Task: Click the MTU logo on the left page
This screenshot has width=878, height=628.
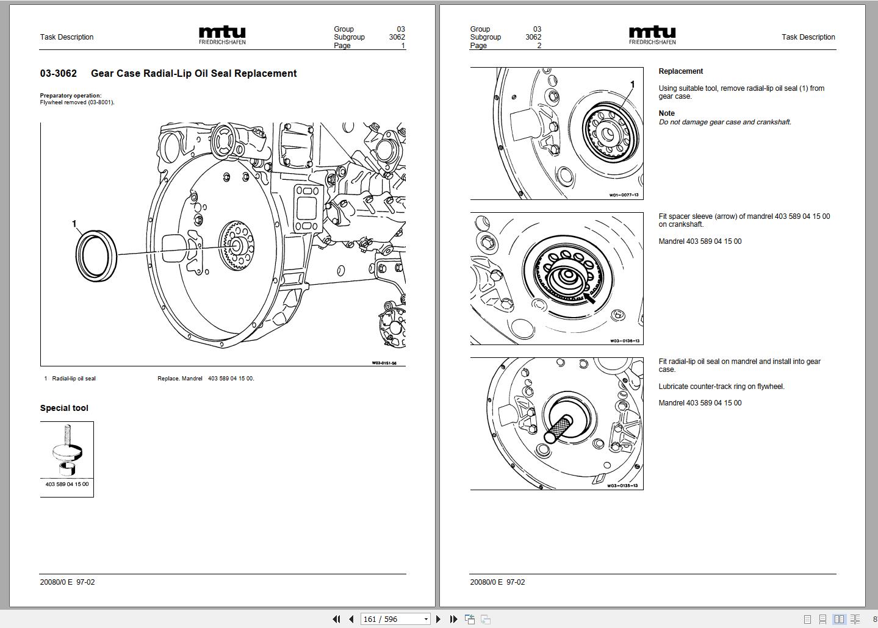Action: pos(222,35)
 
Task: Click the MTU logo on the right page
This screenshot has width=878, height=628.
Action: pos(652,35)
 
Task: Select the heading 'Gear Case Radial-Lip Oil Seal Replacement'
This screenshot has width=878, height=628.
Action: pos(193,74)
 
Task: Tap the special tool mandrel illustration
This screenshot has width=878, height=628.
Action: pos(67,451)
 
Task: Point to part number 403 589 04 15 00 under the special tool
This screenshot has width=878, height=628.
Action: pos(67,484)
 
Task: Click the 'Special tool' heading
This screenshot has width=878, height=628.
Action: pos(64,409)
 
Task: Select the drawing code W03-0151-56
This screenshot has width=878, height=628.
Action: pos(384,363)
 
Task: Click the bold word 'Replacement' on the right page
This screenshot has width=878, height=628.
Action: pos(680,71)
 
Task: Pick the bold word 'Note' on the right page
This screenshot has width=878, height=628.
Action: pos(666,113)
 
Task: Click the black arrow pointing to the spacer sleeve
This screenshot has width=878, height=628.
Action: pos(589,298)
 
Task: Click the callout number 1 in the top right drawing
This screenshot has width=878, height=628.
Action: pos(632,85)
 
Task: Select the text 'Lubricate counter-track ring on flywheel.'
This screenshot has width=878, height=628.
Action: pos(721,387)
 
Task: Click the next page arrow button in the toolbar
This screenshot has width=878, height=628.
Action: pos(438,619)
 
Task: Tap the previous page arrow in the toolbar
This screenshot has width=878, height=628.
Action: pos(351,619)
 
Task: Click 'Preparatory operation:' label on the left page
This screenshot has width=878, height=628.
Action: pos(71,96)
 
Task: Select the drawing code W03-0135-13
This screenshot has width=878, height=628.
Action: pos(622,486)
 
